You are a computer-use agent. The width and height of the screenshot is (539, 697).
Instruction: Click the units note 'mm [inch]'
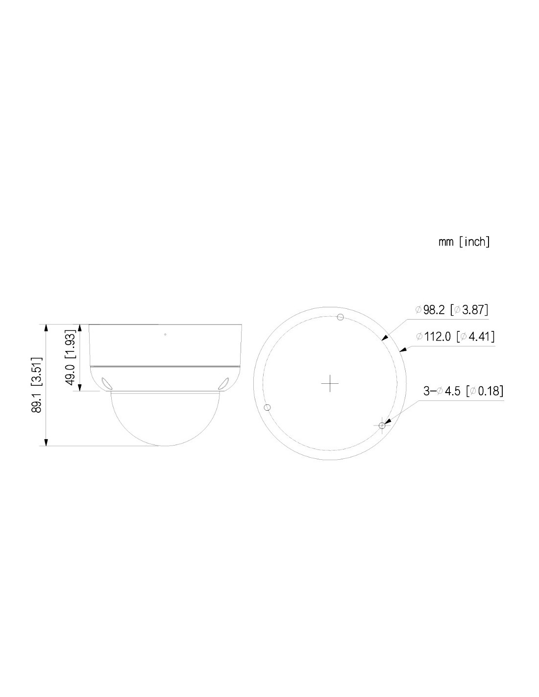(x=464, y=242)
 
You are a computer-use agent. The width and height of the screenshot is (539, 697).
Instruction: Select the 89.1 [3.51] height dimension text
(x=38, y=385)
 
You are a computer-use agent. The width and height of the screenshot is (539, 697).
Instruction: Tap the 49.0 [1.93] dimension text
(x=70, y=357)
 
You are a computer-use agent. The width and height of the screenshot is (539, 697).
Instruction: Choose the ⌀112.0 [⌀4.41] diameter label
(x=455, y=336)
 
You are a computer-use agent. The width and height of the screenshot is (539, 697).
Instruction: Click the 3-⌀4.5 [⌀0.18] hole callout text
(x=463, y=391)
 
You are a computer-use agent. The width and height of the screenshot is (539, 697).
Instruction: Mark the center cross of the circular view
(x=330, y=383)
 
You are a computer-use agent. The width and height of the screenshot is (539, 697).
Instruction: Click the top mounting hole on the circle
(x=341, y=317)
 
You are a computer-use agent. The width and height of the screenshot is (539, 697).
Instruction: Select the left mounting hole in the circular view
(x=267, y=407)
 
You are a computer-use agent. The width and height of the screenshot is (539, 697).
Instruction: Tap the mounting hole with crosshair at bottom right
(x=382, y=425)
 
